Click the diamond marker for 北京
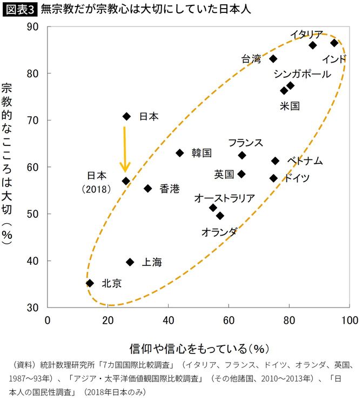(x=90, y=283)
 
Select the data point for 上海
(x=130, y=262)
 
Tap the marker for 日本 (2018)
(x=126, y=181)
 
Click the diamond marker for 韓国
(x=180, y=153)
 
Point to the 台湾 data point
(x=273, y=58)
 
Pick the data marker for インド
(x=334, y=43)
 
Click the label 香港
(x=170, y=189)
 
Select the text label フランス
(x=245, y=143)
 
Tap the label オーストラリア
(x=224, y=198)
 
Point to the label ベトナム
(x=305, y=161)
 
